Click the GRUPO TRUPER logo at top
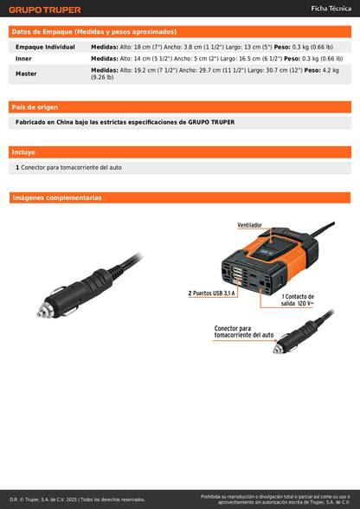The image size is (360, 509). tap(45, 10)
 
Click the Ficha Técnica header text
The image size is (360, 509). tap(331, 9)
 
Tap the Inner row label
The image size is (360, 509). tap(24, 59)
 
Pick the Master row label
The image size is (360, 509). tap(26, 74)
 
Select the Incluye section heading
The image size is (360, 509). tap(24, 152)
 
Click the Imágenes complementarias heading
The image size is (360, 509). tap(57, 197)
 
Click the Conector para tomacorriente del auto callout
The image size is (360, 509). tap(244, 332)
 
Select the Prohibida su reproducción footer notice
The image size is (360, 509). tap(275, 499)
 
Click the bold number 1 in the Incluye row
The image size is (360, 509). tap(17, 167)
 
